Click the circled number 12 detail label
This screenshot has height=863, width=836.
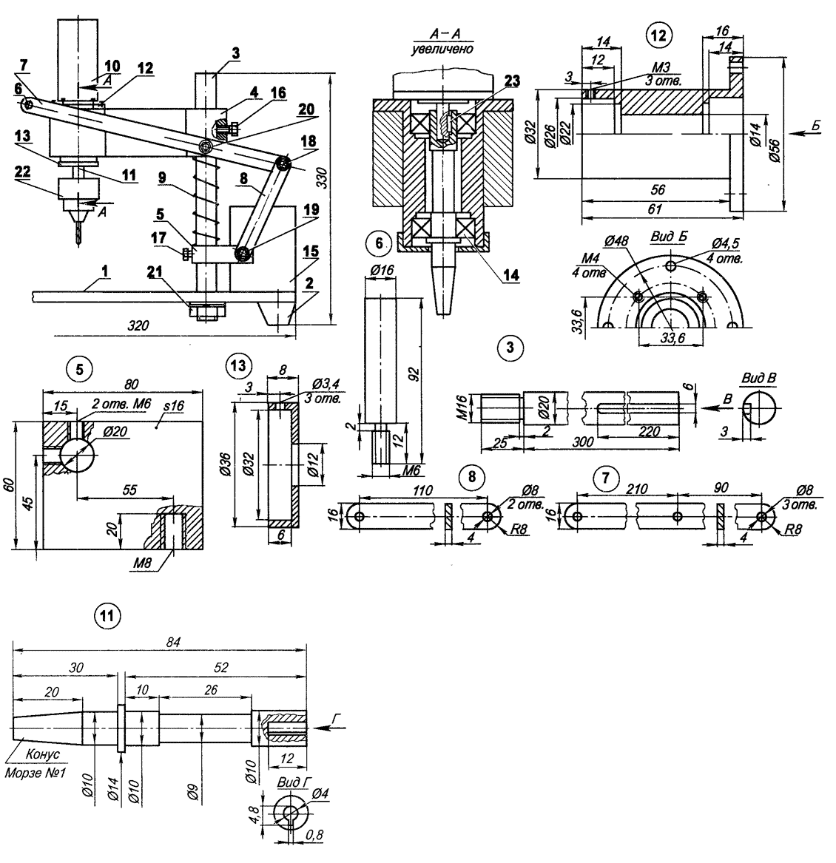(x=657, y=33)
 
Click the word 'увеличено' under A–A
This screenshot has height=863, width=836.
(x=443, y=48)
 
